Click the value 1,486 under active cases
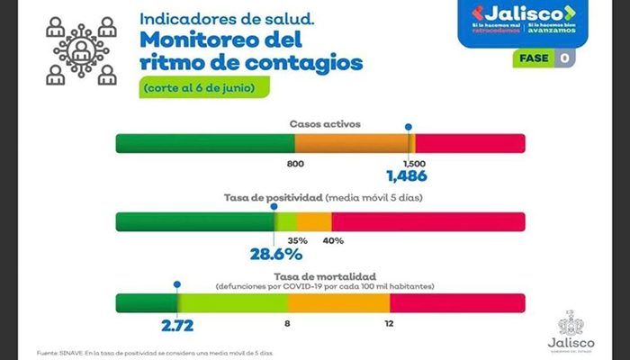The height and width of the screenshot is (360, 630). click(x=406, y=176)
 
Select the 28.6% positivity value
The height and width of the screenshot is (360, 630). click(x=275, y=255)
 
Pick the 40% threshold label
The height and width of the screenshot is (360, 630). click(x=333, y=240)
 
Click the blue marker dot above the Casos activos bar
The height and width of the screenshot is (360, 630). click(x=409, y=128)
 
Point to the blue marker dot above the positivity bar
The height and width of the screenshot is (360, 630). click(x=274, y=206)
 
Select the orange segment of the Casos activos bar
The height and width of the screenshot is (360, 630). click(x=351, y=144)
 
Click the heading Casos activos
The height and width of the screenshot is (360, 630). click(x=320, y=121)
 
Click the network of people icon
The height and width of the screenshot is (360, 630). click(x=81, y=49)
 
